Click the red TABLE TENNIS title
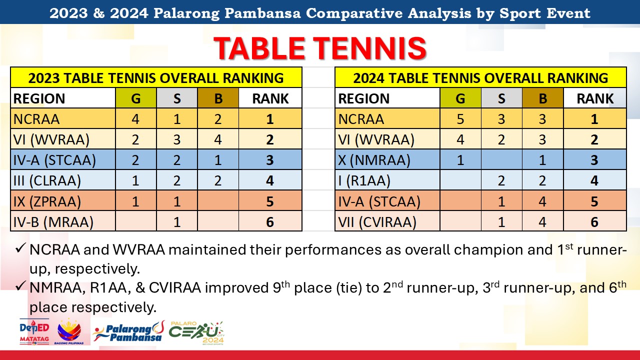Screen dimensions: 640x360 point(320,48)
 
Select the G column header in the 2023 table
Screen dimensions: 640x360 point(135,98)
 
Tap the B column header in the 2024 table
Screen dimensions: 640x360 point(542,98)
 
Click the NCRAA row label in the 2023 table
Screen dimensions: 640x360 point(36,119)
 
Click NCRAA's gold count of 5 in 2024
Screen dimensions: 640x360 point(460,119)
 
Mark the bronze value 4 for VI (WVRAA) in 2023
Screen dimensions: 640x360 point(218,139)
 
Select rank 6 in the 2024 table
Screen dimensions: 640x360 point(594,222)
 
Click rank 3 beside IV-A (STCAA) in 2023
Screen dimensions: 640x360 point(270,160)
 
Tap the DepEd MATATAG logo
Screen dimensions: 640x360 point(34,331)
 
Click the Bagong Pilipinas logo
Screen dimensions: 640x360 point(69,331)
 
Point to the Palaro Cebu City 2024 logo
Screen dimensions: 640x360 point(196,333)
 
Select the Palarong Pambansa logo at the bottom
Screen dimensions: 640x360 point(128,332)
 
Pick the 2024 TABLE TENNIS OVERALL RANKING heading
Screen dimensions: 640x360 point(480,77)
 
